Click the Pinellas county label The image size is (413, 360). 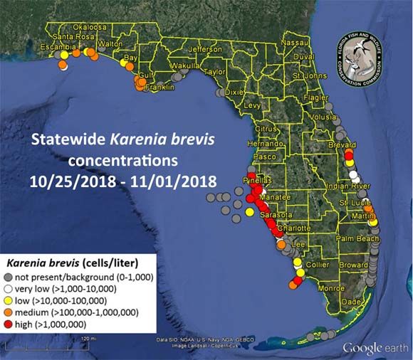256,181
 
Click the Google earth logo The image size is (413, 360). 375,348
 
